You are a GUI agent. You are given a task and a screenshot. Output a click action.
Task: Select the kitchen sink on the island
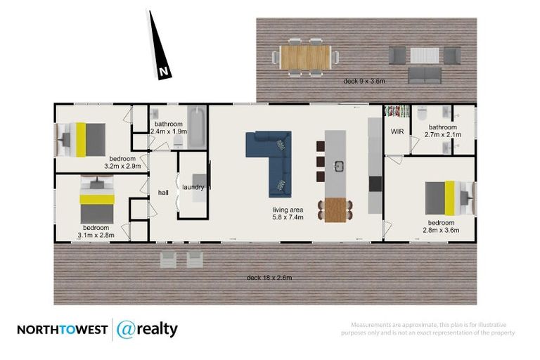[338, 167]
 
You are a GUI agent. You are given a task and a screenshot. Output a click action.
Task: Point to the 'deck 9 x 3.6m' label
[364, 82]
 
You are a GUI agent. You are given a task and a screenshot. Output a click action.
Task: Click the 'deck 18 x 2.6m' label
[269, 277]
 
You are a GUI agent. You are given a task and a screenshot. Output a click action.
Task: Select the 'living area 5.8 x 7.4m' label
[288, 214]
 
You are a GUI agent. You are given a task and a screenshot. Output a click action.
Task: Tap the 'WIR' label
[395, 131]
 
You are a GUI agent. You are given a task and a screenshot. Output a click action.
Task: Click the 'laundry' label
[193, 187]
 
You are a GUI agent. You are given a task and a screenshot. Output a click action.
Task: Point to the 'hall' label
[163, 192]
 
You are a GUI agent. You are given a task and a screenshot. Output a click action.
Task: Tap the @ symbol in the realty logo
[125, 329]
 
